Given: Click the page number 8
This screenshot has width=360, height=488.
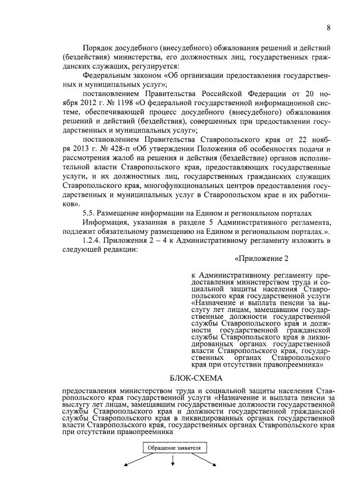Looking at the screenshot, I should [328, 28].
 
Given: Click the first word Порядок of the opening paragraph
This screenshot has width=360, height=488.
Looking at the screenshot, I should [97, 49].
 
